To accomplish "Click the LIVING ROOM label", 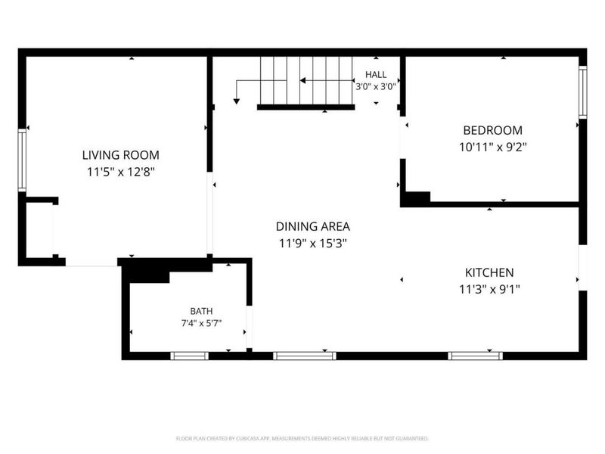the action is click(x=121, y=155).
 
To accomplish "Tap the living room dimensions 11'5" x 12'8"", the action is click(x=121, y=172).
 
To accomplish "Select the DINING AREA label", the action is click(x=313, y=226).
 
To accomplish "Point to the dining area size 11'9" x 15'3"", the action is click(x=313, y=244).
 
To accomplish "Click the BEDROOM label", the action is click(x=493, y=130).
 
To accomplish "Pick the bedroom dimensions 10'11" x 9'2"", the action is click(x=493, y=147).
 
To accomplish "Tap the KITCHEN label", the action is click(x=489, y=272).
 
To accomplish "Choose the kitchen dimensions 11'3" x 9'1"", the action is click(x=489, y=289).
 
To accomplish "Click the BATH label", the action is click(x=201, y=311).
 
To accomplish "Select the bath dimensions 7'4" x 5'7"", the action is click(x=201, y=323).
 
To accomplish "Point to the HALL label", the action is click(x=376, y=74).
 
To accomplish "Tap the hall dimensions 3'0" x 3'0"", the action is click(x=376, y=86).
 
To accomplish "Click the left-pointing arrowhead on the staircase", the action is click(x=303, y=81).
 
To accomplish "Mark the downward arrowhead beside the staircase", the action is click(x=237, y=101).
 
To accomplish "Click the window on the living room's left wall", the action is click(x=22, y=160).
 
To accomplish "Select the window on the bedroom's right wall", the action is click(x=582, y=92).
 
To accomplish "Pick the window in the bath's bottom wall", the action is click(x=190, y=356).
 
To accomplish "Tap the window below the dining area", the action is click(x=305, y=356).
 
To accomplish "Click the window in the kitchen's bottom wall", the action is click(x=476, y=356).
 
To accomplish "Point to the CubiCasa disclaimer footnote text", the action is click(x=302, y=439).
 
